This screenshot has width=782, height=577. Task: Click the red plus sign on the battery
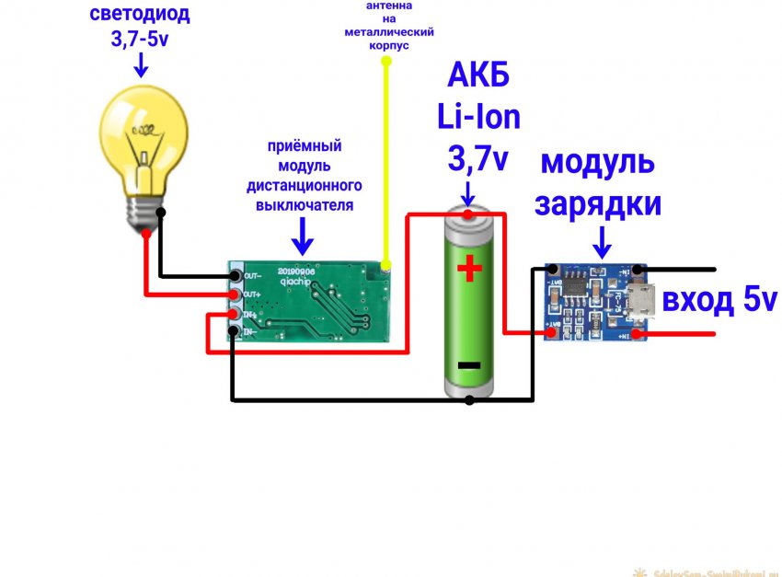click(469, 269)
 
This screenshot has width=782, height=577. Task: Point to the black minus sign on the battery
click(469, 365)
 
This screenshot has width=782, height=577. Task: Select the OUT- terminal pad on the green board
click(236, 274)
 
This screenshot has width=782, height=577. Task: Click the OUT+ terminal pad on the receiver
click(236, 294)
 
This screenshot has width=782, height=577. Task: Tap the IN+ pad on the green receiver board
click(235, 315)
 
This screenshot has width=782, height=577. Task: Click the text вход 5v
click(719, 300)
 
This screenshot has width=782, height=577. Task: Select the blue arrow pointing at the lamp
click(141, 64)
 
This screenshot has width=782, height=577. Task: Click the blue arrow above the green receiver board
click(303, 237)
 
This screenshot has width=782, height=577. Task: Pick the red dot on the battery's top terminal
click(469, 215)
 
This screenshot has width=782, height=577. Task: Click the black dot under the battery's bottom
click(469, 400)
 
